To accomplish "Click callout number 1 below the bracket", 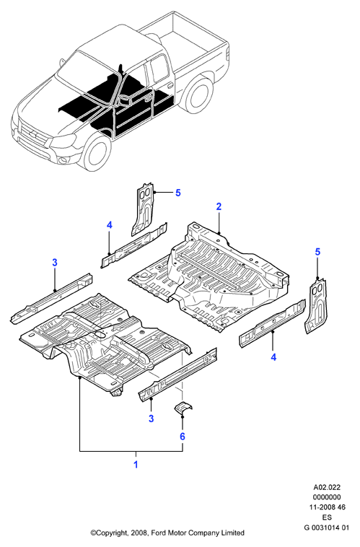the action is click(x=136, y=464).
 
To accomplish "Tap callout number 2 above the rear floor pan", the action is click(x=219, y=206).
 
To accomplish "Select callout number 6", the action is click(x=182, y=437).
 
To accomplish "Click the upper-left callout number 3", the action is click(x=55, y=263).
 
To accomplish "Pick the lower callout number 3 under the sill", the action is click(x=151, y=419).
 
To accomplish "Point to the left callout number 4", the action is click(x=110, y=225).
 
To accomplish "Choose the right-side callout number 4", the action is click(x=273, y=357).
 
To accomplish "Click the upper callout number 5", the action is click(x=178, y=193).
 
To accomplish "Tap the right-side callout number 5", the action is click(x=317, y=252).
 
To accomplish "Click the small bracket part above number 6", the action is click(x=183, y=408).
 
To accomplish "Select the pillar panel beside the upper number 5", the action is click(x=144, y=209).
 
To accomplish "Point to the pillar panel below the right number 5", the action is click(x=317, y=305).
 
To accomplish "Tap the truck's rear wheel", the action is click(x=198, y=95).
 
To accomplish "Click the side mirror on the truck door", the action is click(x=125, y=100).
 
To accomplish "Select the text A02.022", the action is click(x=327, y=487).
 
